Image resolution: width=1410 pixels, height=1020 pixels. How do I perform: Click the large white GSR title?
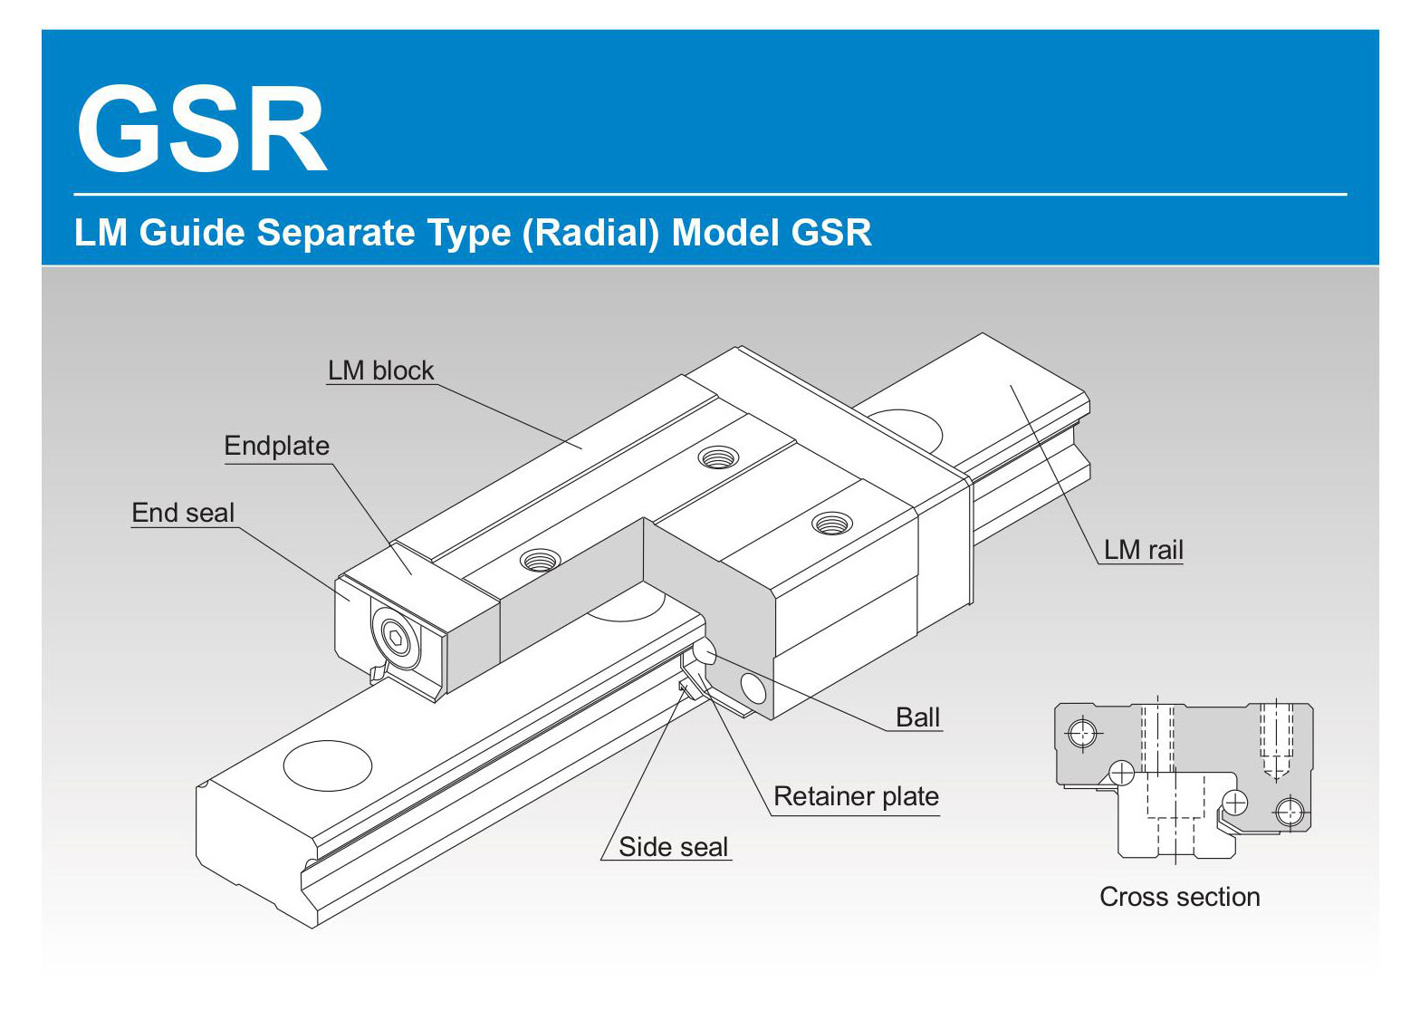click(x=201, y=130)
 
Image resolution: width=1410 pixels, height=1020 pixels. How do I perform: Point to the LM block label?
click(x=380, y=370)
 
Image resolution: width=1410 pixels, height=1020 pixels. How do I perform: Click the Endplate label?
click(x=276, y=446)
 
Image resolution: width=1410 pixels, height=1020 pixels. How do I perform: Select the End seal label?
click(x=183, y=513)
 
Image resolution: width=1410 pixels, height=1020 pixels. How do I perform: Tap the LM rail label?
click(x=1143, y=550)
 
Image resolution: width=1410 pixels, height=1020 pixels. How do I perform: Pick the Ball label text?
click(x=917, y=717)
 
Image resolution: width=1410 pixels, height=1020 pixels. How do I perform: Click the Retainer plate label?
click(x=856, y=796)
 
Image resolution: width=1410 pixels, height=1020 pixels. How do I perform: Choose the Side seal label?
click(x=673, y=847)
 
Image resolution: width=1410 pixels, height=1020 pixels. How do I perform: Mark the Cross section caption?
click(x=1179, y=897)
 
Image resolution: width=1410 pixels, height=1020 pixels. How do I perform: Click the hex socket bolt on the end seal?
click(x=395, y=640)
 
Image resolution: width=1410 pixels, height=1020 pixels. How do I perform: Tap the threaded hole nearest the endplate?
click(x=539, y=560)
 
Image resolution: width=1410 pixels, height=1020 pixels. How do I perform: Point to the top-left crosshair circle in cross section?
click(x=1082, y=731)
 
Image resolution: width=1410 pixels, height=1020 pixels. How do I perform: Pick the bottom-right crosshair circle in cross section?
click(x=1290, y=810)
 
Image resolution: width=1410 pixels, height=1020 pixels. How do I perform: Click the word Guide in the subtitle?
click(x=192, y=233)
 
